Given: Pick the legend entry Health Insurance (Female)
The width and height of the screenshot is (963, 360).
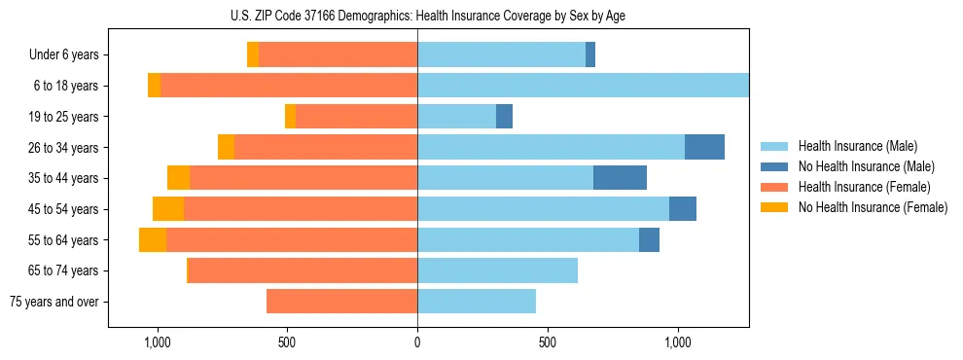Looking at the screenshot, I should click(857, 187).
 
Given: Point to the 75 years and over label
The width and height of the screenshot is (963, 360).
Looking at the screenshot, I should click(54, 302).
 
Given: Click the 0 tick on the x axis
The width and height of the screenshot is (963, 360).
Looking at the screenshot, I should click(417, 342).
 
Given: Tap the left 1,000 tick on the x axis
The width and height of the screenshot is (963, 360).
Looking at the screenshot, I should click(157, 342).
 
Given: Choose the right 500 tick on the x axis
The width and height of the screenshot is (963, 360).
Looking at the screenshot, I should click(548, 342).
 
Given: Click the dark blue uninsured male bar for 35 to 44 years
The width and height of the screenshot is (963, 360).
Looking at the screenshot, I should click(620, 178).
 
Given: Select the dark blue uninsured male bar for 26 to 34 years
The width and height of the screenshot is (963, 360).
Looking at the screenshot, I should click(704, 147).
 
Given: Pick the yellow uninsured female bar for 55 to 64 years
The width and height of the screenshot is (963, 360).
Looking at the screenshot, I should click(153, 239).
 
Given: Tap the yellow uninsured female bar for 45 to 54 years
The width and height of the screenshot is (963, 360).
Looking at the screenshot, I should click(168, 209).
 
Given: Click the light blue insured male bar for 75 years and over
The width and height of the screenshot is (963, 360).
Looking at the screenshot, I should click(477, 302).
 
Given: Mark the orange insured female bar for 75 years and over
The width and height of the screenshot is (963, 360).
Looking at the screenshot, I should click(341, 302).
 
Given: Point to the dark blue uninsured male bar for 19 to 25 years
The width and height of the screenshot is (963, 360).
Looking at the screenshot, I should click(504, 117).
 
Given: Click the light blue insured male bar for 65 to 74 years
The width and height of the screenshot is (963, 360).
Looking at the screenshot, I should click(497, 270).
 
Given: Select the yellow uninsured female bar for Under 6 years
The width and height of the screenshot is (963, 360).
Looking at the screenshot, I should click(253, 55).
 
